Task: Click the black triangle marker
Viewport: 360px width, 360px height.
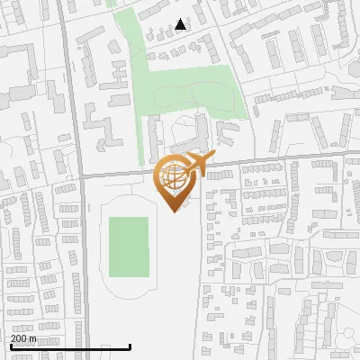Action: point(181,24)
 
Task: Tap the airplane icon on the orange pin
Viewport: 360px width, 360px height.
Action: point(199,164)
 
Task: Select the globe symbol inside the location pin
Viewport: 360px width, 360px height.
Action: point(172,177)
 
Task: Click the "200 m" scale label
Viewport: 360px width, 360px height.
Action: point(23,338)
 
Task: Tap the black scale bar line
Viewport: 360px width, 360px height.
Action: point(70,346)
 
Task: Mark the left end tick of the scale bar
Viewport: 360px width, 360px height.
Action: point(10,346)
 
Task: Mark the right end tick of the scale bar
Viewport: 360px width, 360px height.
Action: point(130,346)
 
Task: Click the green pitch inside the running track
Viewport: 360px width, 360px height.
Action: point(129,247)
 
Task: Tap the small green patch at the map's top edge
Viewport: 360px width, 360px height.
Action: point(113,3)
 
